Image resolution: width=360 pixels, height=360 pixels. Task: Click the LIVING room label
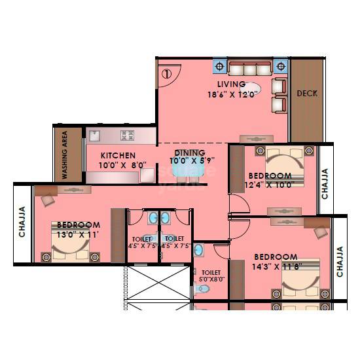tap(231, 84)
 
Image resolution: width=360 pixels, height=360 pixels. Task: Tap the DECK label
tap(307, 94)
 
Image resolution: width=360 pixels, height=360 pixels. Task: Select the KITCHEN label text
tap(118, 156)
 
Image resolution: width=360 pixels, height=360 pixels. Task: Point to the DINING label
tap(190, 153)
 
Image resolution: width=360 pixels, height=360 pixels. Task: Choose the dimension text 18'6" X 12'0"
tap(232, 94)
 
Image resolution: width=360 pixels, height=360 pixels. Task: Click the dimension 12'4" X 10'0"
tap(270, 185)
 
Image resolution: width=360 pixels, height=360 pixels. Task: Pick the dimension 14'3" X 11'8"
tap(276, 266)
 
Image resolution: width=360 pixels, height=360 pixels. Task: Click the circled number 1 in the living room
tap(166, 74)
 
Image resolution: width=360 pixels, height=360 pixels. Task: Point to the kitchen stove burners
tap(126, 136)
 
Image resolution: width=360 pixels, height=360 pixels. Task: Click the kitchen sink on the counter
tap(93, 137)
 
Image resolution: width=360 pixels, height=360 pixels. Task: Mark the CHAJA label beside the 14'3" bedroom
tap(340, 261)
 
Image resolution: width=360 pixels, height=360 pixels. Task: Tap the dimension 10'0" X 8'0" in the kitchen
tap(118, 165)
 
